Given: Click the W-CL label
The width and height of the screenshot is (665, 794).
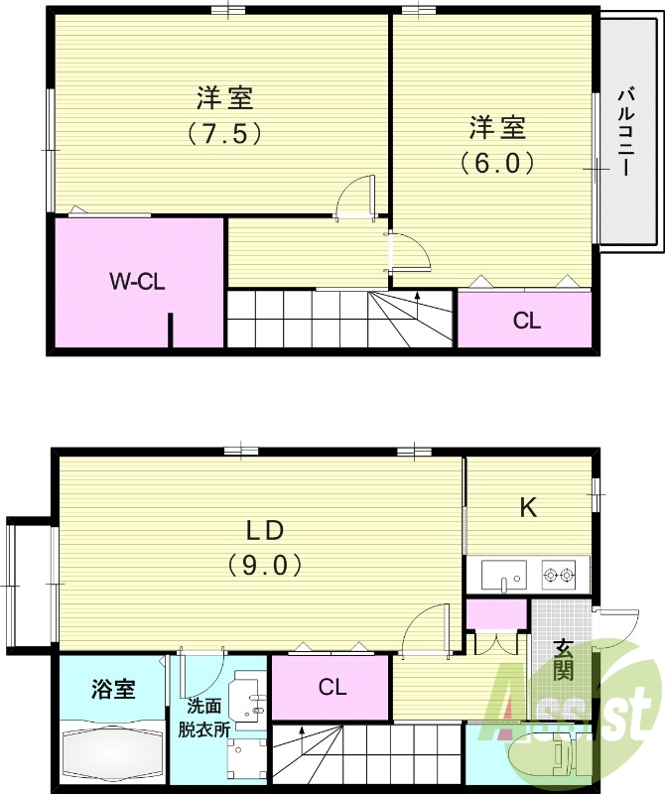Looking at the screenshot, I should click(137, 281).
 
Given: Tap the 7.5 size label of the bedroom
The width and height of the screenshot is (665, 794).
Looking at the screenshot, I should click(224, 133).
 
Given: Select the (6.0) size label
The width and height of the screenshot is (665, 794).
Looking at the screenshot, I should click(497, 162).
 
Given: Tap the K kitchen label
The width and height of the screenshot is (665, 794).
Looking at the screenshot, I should click(529, 508).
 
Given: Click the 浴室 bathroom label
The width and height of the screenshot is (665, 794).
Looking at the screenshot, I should click(112, 687).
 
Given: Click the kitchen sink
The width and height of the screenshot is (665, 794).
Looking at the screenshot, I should click(504, 575).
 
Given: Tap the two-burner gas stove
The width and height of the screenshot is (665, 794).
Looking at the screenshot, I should click(559, 574).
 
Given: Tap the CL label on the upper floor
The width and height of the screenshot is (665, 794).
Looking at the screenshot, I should click(526, 321).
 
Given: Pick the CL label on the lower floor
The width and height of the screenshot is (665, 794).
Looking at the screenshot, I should click(332, 686).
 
